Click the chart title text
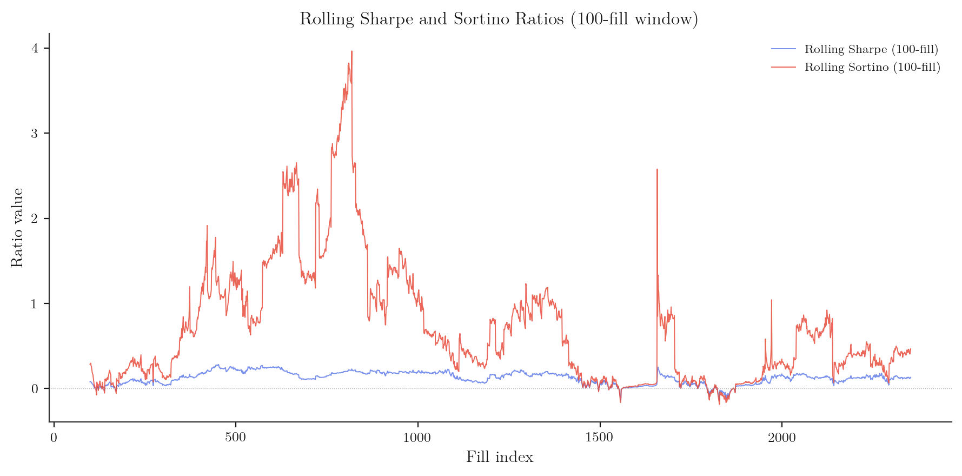499,19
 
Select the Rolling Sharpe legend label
871,49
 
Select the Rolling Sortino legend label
872,67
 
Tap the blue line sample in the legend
783,49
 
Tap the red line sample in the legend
783,67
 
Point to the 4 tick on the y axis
35,48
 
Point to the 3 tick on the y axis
35,134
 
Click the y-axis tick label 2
35,219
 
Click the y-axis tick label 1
35,303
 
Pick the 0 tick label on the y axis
35,389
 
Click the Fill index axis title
500,457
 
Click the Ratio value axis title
17,227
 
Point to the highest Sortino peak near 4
351,52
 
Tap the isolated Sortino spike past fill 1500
657,170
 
